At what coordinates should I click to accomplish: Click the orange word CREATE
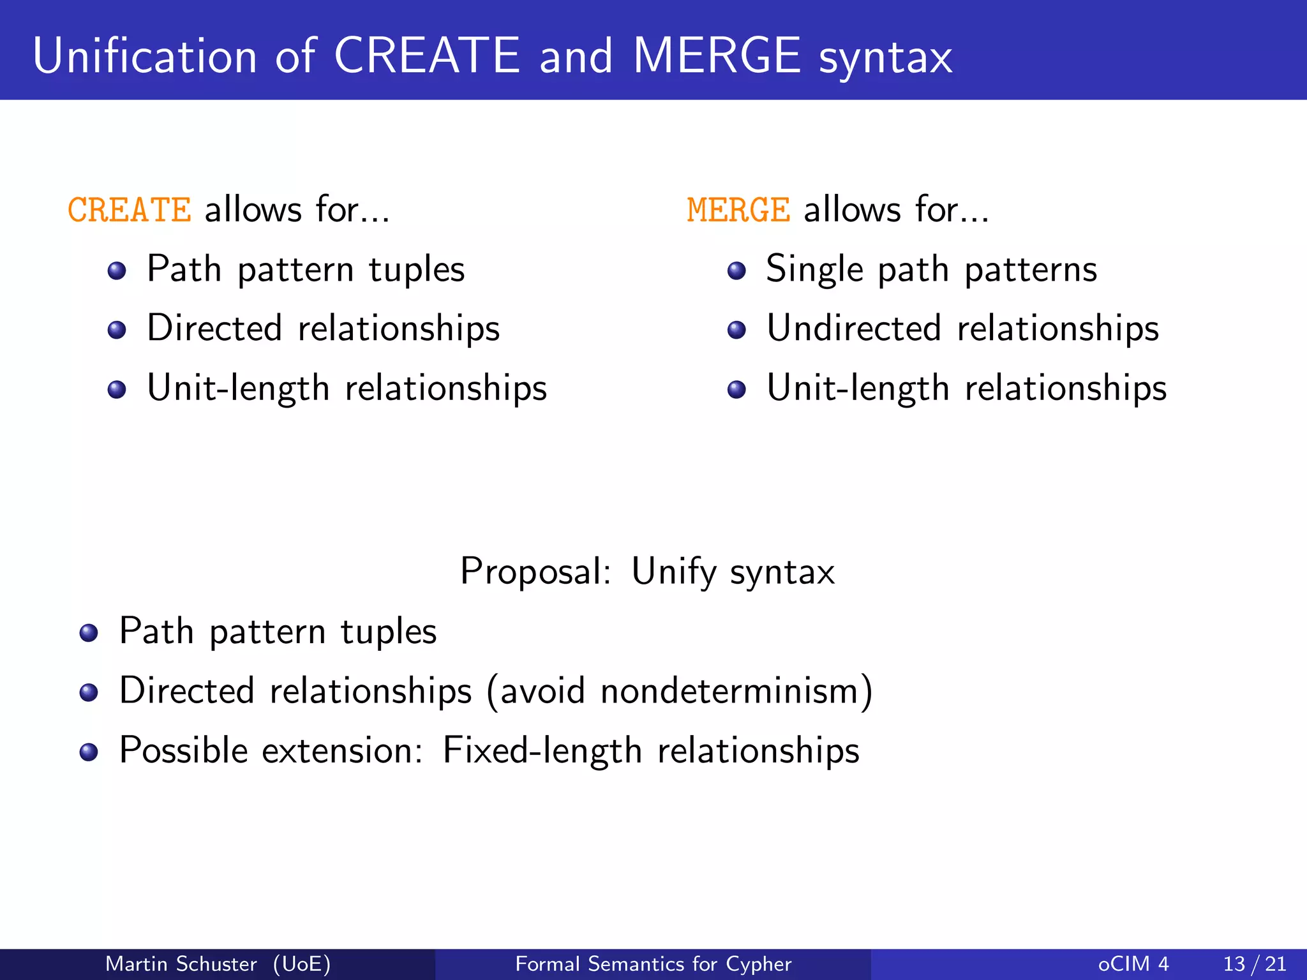coord(129,210)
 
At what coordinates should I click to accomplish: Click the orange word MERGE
coord(738,210)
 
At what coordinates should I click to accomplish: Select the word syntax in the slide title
coord(885,57)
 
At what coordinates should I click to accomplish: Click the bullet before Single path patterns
coord(736,271)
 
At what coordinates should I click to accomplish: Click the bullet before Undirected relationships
coord(736,330)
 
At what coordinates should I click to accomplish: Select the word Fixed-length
coord(542,750)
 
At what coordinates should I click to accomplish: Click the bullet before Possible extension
coord(89,752)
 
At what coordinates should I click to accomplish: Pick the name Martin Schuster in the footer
coord(181,963)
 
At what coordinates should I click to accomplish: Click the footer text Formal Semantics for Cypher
coord(653,963)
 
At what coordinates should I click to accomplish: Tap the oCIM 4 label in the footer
coord(1133,963)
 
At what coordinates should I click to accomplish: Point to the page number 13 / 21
coord(1255,963)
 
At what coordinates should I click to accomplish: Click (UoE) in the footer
coord(302,963)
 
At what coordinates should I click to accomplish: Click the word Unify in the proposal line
coord(673,571)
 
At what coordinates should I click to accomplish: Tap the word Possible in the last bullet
coord(183,750)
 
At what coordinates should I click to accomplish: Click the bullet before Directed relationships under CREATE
coord(117,330)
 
